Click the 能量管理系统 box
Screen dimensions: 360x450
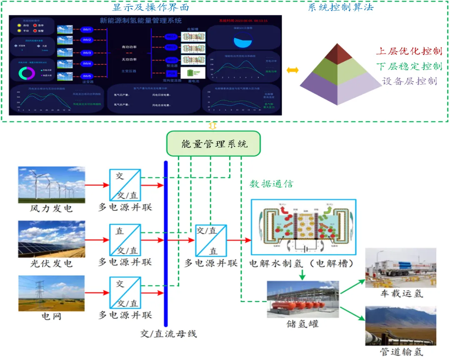(x=213, y=144)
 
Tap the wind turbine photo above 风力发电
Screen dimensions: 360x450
(x=52, y=185)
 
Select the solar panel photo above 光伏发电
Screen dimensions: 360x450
(x=52, y=239)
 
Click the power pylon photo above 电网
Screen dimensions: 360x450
(x=52, y=293)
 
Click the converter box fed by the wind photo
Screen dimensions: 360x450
(x=125, y=185)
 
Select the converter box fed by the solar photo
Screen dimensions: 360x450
(x=125, y=240)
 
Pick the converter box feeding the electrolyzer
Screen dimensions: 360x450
(x=211, y=240)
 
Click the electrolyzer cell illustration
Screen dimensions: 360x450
(x=303, y=227)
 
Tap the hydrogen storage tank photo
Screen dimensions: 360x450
(x=303, y=299)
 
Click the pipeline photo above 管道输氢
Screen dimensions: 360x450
(x=400, y=325)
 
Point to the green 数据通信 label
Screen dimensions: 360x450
(x=271, y=184)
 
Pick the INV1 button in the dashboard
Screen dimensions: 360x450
(x=87, y=30)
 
